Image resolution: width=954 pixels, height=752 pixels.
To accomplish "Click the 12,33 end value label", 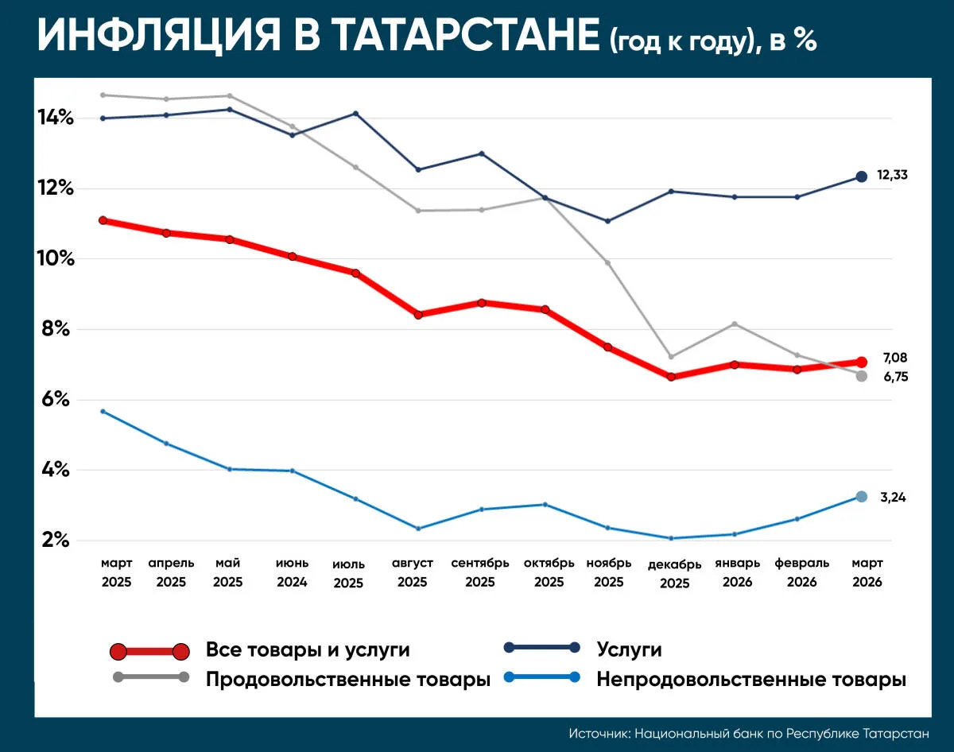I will (x=892, y=175).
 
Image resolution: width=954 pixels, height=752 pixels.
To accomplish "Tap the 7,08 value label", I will (x=894, y=358).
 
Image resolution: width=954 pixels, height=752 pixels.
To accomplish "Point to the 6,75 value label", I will (x=894, y=377).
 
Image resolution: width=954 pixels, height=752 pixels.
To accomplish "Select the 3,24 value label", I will (x=893, y=498).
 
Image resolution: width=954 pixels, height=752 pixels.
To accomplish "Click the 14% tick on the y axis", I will (x=56, y=118).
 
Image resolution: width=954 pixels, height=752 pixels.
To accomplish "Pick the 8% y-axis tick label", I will (x=56, y=329).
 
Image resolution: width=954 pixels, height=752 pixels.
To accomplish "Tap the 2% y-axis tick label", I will (x=56, y=541).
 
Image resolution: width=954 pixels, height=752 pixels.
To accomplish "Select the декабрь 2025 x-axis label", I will (x=674, y=573).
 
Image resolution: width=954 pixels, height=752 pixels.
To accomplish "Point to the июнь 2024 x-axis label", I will (x=292, y=572).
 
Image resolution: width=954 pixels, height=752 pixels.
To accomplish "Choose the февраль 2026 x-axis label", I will (x=801, y=572).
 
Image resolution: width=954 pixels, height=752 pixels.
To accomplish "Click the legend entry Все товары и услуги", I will (x=308, y=650).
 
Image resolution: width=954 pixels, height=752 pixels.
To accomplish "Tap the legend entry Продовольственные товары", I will (x=347, y=680).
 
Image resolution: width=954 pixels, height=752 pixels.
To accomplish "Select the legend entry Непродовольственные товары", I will (x=751, y=680).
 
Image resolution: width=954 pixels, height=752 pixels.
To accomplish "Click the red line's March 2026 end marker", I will (x=861, y=362).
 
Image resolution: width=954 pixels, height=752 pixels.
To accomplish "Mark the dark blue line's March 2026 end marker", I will (x=861, y=176).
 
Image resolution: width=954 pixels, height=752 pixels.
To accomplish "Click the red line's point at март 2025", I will (x=103, y=220).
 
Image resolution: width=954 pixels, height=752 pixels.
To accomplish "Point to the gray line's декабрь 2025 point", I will (x=671, y=356).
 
